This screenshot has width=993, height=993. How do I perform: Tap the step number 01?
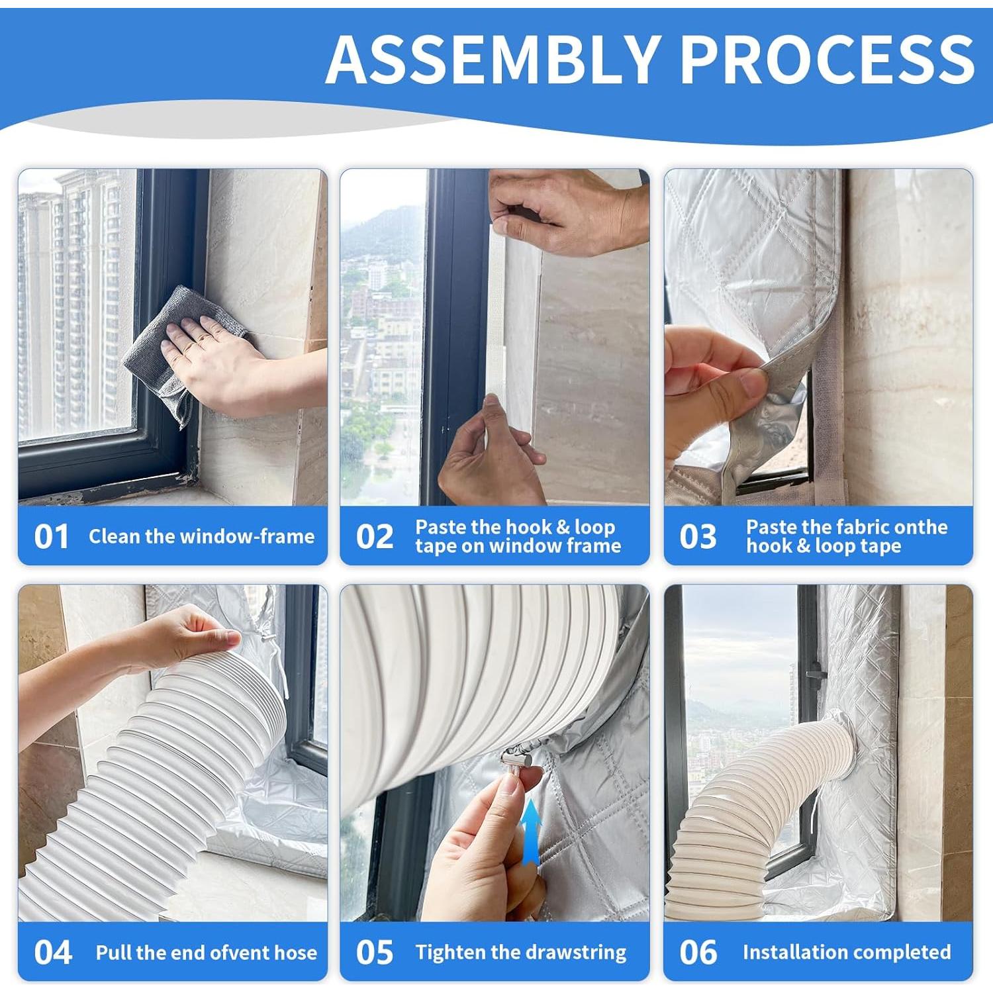tap(52, 537)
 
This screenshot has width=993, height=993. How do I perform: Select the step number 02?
tap(375, 537)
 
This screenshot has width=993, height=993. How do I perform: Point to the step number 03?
tap(698, 537)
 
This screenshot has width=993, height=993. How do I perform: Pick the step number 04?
tap(53, 953)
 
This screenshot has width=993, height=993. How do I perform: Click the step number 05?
tap(375, 953)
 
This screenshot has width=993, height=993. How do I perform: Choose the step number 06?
tap(698, 953)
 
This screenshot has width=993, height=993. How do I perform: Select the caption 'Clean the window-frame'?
tap(201, 536)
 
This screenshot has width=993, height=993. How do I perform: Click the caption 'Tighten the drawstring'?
tap(521, 953)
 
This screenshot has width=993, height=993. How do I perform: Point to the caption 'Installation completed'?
tap(847, 952)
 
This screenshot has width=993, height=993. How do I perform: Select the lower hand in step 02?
tap(493, 450)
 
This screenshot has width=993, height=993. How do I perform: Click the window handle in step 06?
tap(817, 675)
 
